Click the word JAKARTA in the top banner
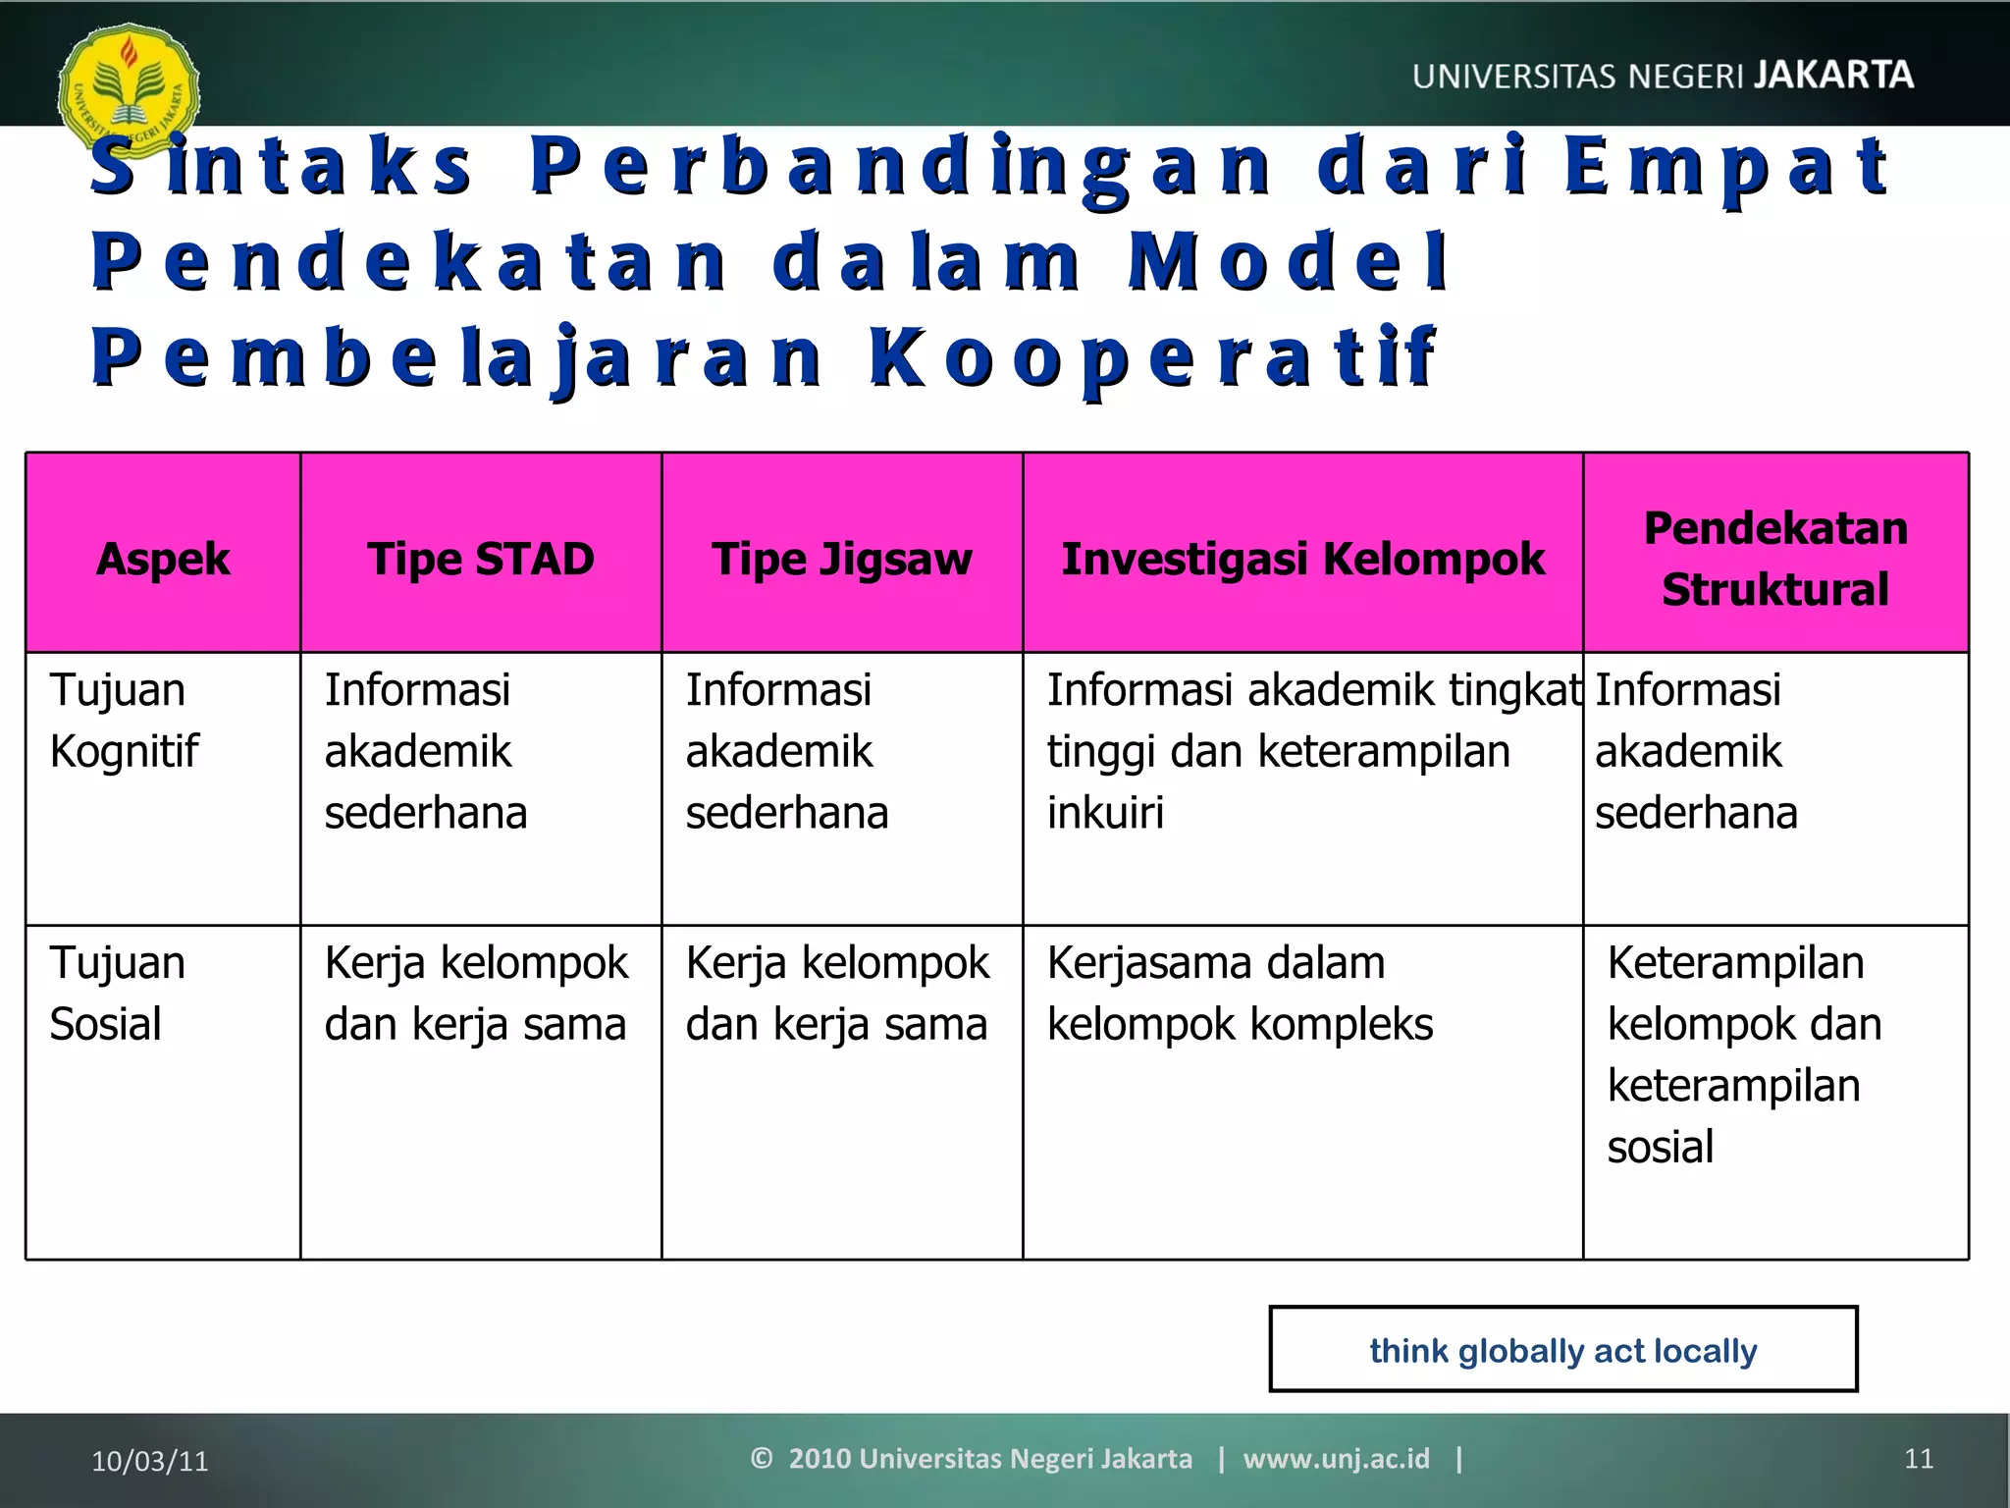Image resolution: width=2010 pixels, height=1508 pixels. pos(1832,76)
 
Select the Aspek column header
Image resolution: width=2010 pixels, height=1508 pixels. pos(163,559)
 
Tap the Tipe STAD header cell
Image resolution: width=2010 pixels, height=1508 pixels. pos(481,559)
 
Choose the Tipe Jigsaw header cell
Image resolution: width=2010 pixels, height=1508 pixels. pos(842,559)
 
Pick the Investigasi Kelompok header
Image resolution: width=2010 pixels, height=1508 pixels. pos(1302,559)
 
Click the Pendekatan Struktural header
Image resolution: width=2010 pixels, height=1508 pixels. pos(1775,558)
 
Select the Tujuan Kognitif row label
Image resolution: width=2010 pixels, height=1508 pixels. pos(125,721)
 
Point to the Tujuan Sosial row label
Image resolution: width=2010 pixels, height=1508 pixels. pos(117,994)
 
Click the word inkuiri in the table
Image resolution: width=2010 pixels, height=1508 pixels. pos(1105,813)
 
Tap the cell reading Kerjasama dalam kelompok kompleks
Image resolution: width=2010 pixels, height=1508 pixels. pos(1240,994)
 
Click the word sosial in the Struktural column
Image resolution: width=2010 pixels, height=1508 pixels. pos(1660,1147)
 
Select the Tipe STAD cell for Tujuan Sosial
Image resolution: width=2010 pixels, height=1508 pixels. pos(476,994)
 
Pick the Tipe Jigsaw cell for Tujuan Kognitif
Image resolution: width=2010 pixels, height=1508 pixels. pos(787,751)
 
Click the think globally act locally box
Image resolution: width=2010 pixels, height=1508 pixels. pos(1562,1350)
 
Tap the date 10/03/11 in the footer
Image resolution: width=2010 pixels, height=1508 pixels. pos(150,1461)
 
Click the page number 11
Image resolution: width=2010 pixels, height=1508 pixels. pos(1918,1459)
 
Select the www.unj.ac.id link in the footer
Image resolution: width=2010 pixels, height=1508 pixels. pos(1336,1459)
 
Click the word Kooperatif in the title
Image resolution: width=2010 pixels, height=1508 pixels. pos(1153,358)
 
